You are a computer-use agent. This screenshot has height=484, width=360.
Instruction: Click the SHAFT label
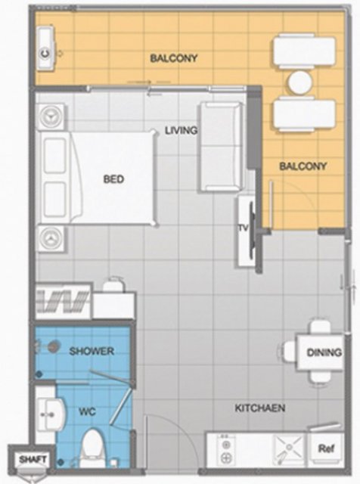point(33,459)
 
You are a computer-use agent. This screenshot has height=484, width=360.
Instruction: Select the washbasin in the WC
point(51,414)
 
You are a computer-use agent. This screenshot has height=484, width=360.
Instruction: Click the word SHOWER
point(92,351)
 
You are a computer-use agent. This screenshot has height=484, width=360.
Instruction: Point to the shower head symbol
point(53,346)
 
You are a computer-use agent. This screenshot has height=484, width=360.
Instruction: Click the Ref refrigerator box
point(327,448)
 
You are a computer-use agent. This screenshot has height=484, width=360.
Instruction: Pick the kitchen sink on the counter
point(289,449)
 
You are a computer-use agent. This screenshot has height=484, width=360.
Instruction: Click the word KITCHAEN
point(259,408)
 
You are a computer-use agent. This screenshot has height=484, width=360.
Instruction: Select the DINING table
point(320,352)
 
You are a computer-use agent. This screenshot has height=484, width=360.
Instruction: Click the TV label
point(244,228)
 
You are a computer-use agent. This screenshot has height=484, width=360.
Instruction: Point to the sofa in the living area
point(220,147)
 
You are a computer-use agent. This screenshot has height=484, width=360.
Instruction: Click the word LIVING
point(182,130)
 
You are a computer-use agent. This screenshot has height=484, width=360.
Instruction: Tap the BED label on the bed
point(113,179)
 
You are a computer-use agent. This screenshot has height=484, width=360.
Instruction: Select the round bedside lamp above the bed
point(51,116)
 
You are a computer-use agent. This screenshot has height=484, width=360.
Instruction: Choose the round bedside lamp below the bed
point(51,238)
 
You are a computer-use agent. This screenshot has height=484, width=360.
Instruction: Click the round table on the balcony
point(300,82)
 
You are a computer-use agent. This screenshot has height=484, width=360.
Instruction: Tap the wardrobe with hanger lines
point(64,301)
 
